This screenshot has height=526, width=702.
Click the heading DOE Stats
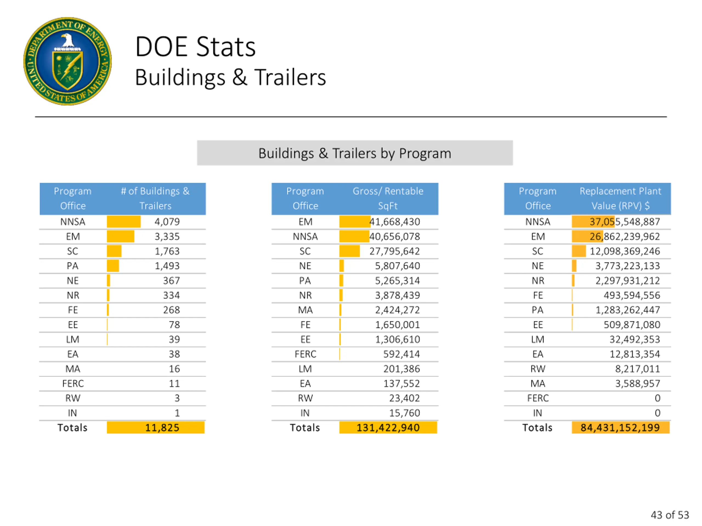[x=195, y=47]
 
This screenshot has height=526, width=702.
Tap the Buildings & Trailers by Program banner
[x=355, y=153]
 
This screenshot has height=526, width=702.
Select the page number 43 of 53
[x=670, y=514]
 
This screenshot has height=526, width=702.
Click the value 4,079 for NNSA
[x=167, y=222]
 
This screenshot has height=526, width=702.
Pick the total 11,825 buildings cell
[x=162, y=427]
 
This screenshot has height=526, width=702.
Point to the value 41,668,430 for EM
[x=395, y=222]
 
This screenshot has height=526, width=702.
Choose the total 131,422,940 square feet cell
[x=388, y=427]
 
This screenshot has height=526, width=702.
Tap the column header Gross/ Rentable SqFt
[x=388, y=198]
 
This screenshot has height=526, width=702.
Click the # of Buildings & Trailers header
[x=155, y=198]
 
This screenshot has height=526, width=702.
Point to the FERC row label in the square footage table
[x=305, y=354]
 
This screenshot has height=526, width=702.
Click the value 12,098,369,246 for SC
[x=625, y=251]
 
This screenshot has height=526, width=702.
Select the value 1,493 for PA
[x=167, y=266]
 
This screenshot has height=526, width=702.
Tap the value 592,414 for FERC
[x=401, y=354]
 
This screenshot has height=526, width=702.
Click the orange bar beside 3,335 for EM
[x=120, y=236]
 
